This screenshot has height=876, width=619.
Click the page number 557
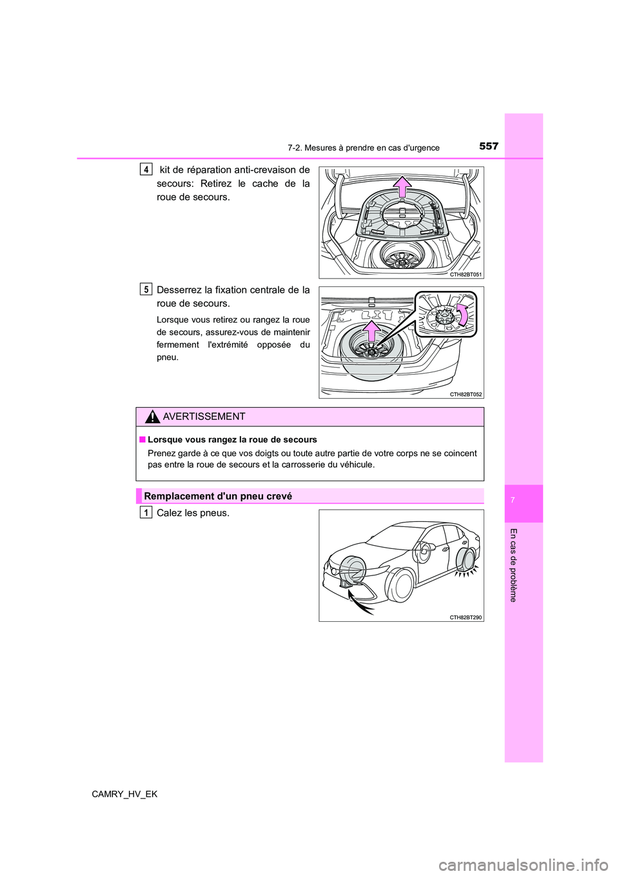489,146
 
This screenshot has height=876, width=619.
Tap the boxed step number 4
146,170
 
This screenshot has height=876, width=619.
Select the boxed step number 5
146,290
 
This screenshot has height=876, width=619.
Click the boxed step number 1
146,513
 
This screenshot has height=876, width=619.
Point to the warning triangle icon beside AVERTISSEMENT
153,417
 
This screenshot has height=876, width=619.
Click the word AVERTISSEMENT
204,417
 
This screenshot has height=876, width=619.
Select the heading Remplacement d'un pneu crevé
218,496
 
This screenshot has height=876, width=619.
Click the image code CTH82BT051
466,274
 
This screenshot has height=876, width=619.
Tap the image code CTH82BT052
466,394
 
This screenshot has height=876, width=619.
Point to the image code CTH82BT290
466,617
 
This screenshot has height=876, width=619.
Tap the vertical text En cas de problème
513,564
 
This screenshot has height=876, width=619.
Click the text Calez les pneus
193,513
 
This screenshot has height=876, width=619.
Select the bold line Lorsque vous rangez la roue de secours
232,440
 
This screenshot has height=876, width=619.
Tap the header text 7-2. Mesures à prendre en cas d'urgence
364,148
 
